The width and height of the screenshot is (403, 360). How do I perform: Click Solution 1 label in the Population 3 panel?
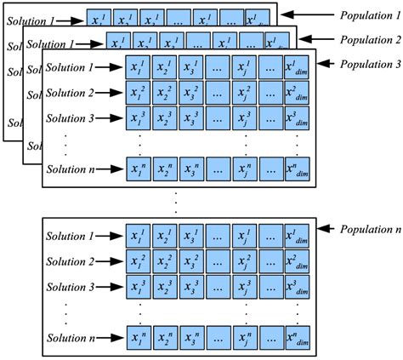pos(71,67)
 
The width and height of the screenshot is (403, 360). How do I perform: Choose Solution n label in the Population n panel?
pos(71,337)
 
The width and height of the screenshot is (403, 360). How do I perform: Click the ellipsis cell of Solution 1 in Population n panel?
pos(219,236)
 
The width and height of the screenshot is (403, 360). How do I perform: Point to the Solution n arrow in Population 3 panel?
pos(110,169)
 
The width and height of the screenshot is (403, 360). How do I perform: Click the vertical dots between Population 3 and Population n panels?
pos(175,202)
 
